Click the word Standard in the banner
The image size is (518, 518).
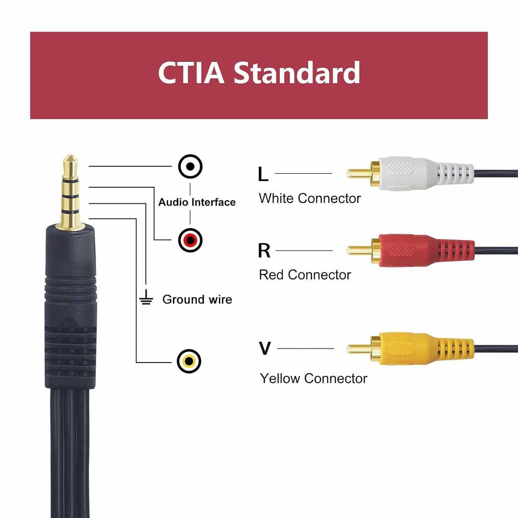coord(297,73)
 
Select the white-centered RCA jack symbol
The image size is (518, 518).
coord(190,166)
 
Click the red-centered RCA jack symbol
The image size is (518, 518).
coord(190,240)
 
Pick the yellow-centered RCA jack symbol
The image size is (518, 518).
coord(189,361)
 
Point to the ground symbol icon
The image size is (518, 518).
coord(146,298)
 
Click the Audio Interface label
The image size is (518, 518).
coord(197,202)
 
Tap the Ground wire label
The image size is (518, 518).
coord(197,299)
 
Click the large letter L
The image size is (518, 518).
coord(263,174)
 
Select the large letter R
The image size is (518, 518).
coord(264,251)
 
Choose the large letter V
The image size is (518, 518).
coord(265,348)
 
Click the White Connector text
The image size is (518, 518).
coord(310,199)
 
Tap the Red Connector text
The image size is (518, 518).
coord(305,275)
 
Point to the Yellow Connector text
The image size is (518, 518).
coord(313,378)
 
